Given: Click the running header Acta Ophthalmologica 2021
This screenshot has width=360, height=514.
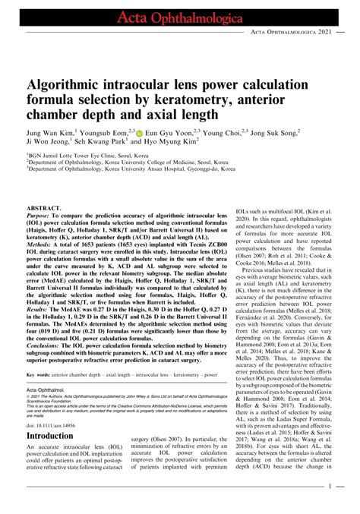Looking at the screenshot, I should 292,33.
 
